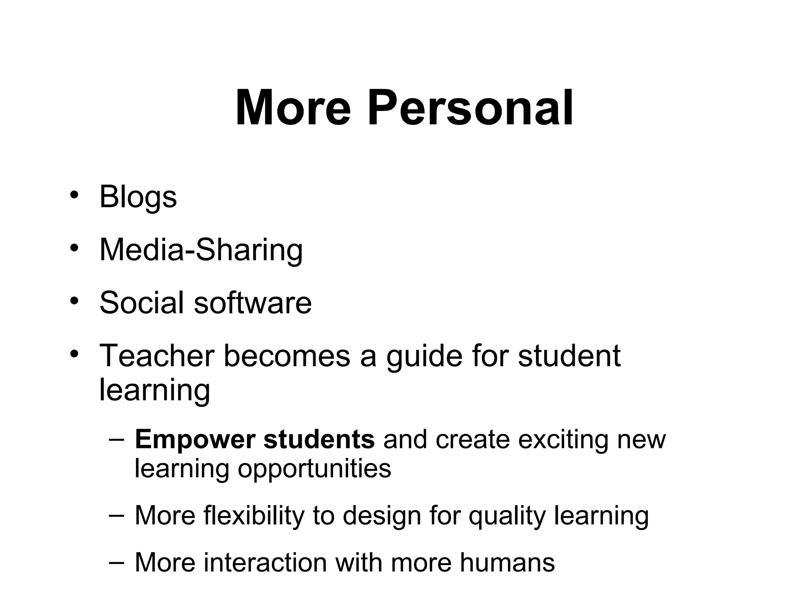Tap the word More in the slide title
(293, 108)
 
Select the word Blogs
(138, 197)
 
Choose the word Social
(141, 303)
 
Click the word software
(252, 303)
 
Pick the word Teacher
(157, 356)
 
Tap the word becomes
(287, 356)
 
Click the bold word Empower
(195, 440)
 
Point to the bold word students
(319, 440)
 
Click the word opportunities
(314, 469)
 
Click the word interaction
(265, 562)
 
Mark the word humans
(507, 562)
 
